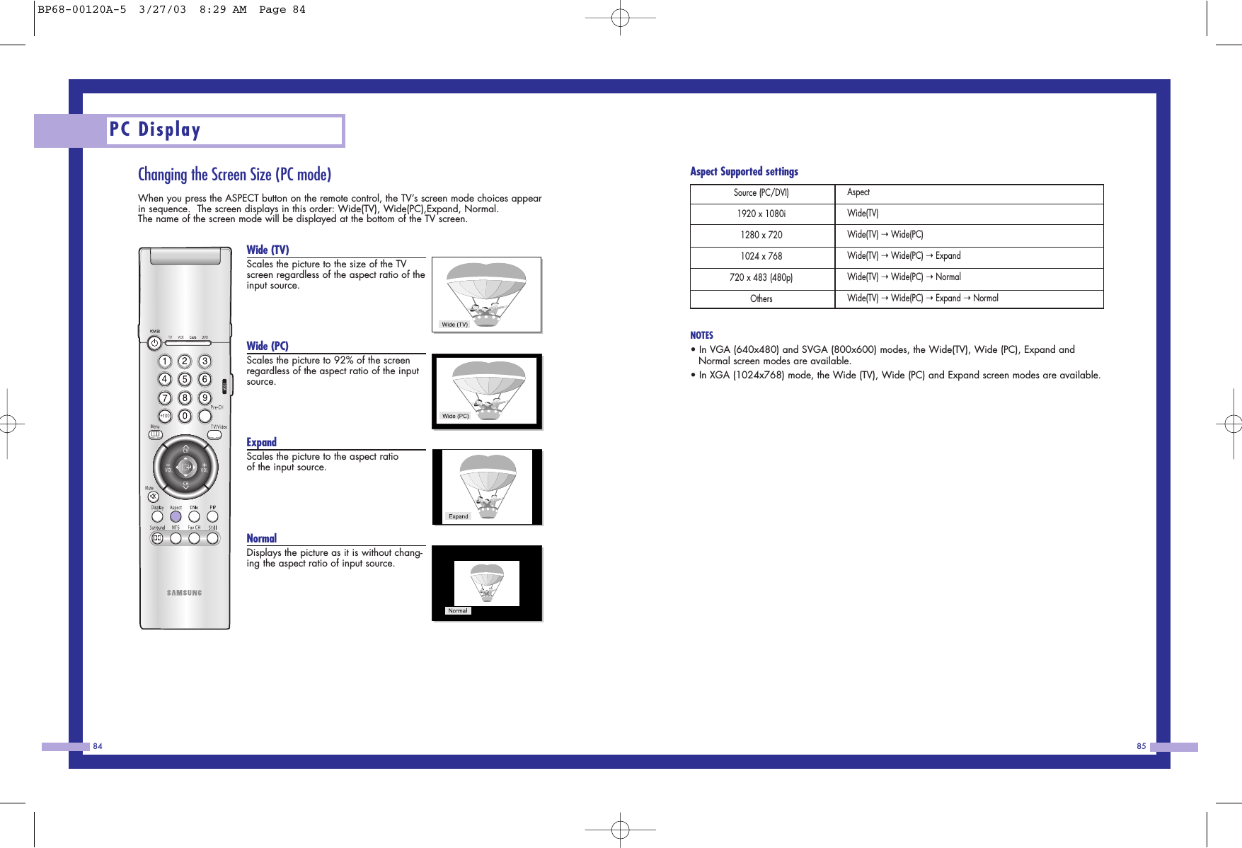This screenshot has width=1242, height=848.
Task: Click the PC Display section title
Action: coord(155,129)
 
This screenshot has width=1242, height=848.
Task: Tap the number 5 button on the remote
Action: coord(185,379)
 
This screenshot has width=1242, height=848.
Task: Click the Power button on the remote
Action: coord(154,343)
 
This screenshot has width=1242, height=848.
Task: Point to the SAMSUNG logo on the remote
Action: coord(185,593)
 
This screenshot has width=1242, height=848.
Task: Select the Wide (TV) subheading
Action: coord(268,250)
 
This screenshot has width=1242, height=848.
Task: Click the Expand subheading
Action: coord(261,442)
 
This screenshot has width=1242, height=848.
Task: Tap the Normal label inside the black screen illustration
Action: coord(458,610)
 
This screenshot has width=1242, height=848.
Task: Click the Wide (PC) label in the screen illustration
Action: coord(455,416)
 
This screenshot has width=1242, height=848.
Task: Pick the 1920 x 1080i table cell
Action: coord(761,214)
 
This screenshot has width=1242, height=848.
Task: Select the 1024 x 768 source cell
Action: coord(761,256)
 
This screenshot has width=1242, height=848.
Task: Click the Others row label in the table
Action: coord(761,298)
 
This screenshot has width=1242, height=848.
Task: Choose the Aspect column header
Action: coord(858,192)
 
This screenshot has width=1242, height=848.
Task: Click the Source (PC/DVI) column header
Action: coord(761,192)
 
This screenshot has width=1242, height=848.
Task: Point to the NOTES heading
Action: coord(701,335)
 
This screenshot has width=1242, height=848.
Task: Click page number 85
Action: coord(1141,746)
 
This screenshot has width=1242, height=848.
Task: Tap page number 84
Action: coord(98,746)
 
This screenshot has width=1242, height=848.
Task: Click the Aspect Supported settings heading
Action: coord(744,171)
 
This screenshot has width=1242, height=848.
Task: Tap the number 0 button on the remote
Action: coord(185,416)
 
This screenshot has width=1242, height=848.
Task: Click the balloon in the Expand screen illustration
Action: coord(488,481)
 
